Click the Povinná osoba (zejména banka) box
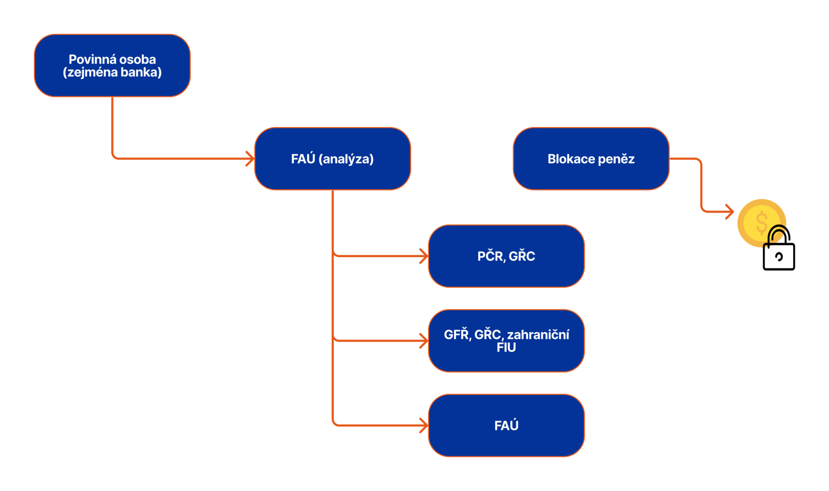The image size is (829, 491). (112, 66)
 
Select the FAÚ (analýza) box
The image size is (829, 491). (332, 159)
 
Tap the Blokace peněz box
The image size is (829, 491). (591, 159)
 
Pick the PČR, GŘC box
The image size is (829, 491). (506, 256)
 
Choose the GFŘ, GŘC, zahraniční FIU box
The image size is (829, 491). (506, 341)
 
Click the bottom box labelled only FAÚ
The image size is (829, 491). (506, 425)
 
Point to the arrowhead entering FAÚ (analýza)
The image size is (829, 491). (251, 159)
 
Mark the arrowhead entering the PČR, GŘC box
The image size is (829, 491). (424, 256)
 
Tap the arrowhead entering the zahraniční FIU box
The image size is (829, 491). (424, 341)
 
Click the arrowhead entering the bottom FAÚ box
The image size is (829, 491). (424, 425)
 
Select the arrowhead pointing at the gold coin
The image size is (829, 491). (731, 211)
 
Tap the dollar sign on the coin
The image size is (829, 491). (762, 222)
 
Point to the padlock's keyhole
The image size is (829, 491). (779, 257)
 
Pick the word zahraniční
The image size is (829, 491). (538, 335)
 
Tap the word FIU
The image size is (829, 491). (506, 348)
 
